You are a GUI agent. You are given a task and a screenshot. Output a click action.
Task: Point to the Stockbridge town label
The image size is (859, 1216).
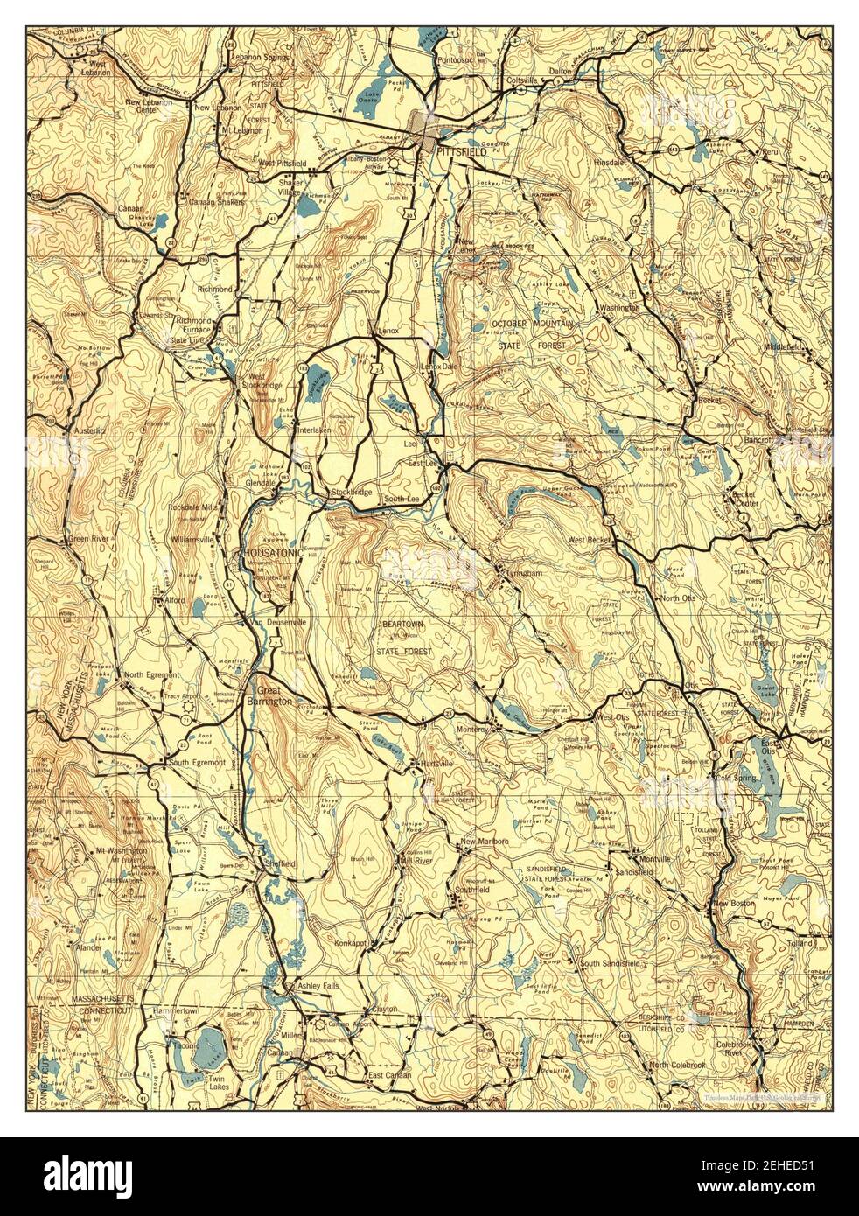click(x=352, y=493)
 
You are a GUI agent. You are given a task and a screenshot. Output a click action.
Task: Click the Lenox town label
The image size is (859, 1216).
click(x=388, y=332)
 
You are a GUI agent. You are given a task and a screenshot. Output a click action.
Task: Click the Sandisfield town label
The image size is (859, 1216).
click(x=643, y=873)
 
